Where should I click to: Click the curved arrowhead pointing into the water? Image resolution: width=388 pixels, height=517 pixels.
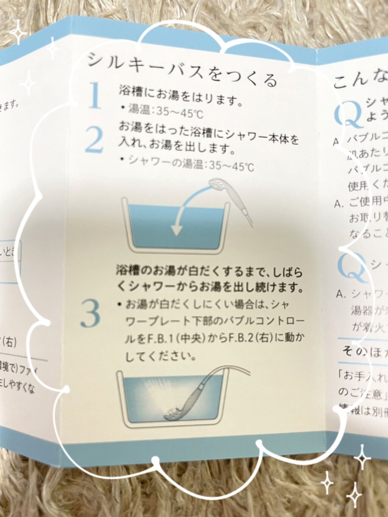176,230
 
